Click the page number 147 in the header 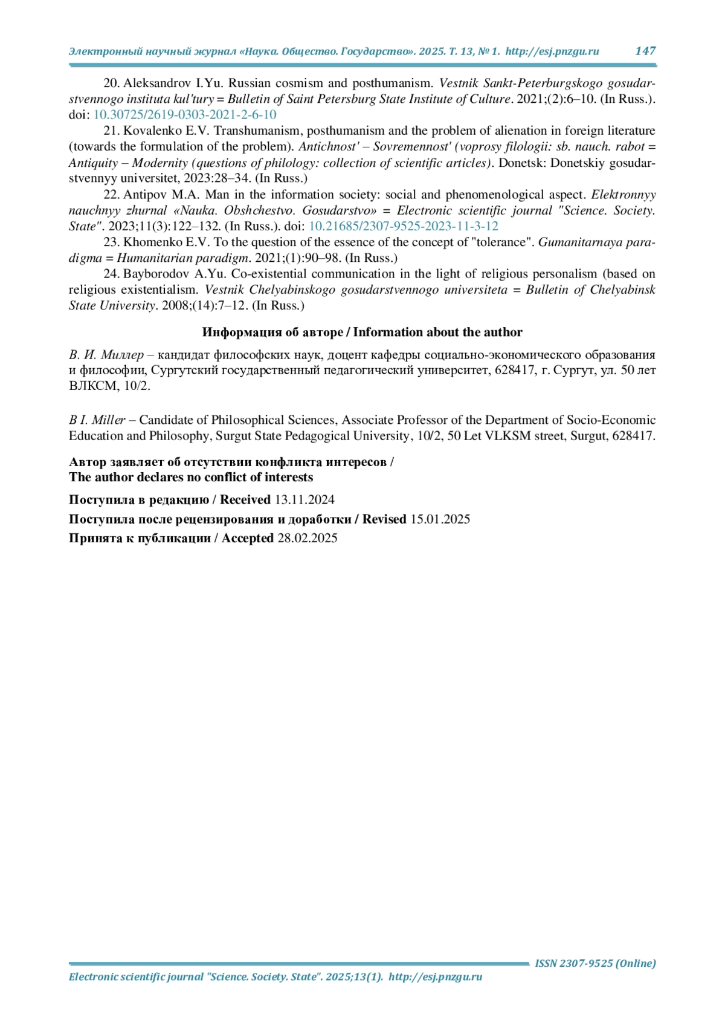(x=645, y=51)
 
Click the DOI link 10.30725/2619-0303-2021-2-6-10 (x=185, y=115)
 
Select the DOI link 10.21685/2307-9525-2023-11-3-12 (x=404, y=227)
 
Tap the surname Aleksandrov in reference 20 (x=158, y=83)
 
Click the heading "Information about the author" (x=438, y=332)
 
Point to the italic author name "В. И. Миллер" (x=106, y=355)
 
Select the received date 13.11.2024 (x=304, y=500)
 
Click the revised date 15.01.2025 (x=440, y=519)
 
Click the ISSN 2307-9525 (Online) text (x=595, y=963)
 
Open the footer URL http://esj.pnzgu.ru (x=435, y=977)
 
